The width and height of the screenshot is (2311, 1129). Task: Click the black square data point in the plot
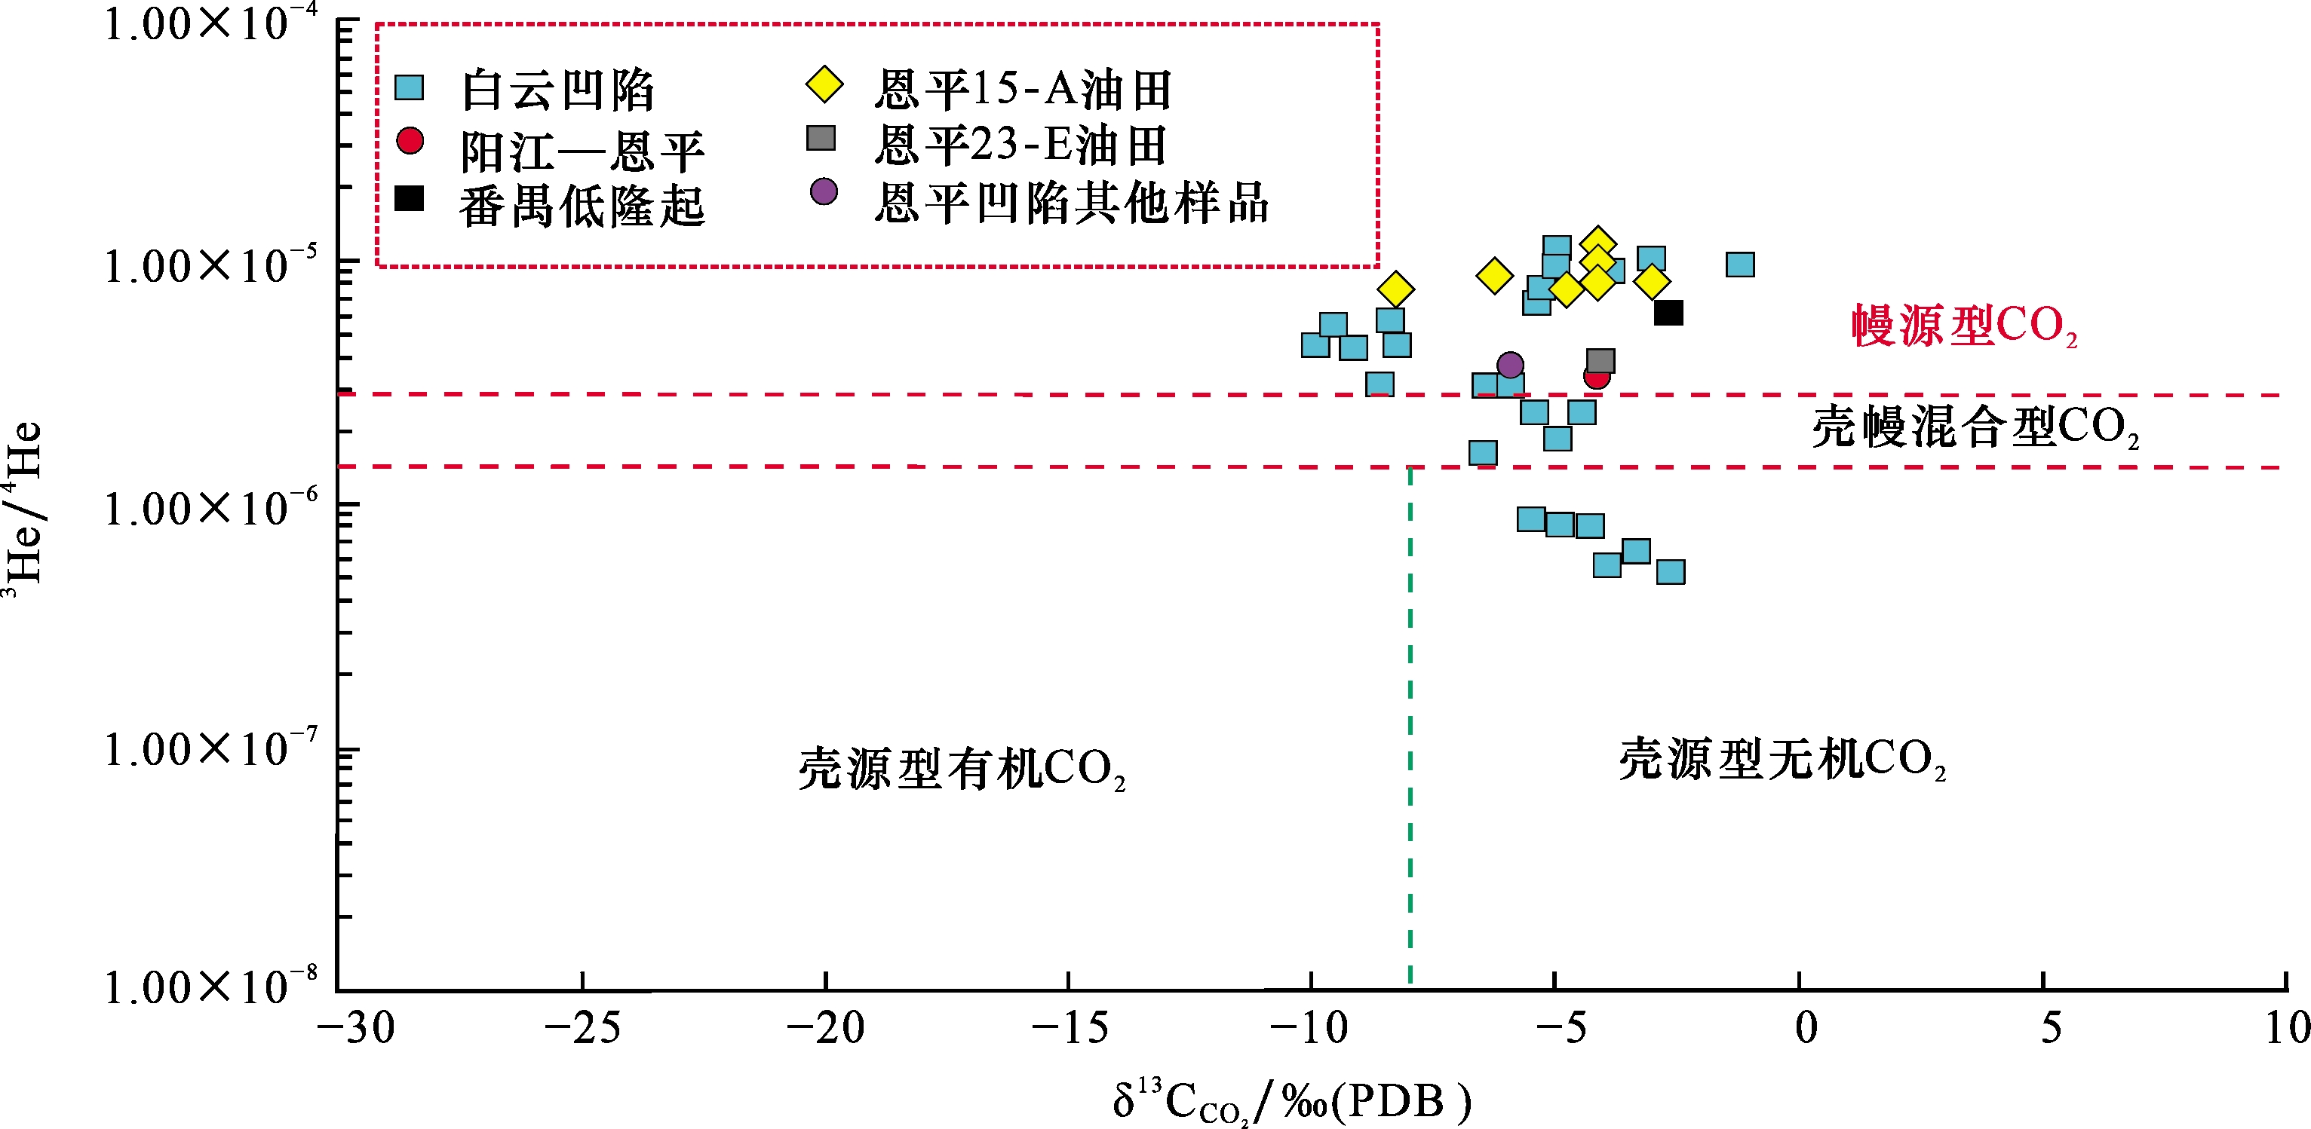click(1668, 313)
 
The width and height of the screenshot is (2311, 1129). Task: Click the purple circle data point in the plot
click(1510, 365)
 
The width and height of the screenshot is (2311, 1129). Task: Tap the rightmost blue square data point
click(1739, 265)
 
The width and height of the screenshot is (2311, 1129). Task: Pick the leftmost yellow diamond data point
click(1395, 289)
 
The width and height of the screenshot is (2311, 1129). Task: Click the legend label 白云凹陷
click(557, 90)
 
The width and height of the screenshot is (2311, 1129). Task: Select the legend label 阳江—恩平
click(582, 151)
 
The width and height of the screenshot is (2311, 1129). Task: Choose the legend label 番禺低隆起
click(582, 207)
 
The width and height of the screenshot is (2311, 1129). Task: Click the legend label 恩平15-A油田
click(1023, 90)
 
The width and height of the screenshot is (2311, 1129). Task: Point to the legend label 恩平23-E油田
click(1021, 145)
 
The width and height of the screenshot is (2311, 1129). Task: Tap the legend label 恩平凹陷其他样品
click(1071, 202)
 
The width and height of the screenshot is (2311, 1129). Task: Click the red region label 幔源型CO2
click(1964, 326)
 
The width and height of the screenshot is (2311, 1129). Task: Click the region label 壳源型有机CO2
click(961, 770)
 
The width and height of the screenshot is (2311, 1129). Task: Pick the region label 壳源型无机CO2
click(1782, 760)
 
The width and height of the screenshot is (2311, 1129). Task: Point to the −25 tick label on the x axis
click(582, 1029)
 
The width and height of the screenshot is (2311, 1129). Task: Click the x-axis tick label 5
click(2051, 1029)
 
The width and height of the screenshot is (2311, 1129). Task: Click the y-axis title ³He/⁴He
click(24, 502)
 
